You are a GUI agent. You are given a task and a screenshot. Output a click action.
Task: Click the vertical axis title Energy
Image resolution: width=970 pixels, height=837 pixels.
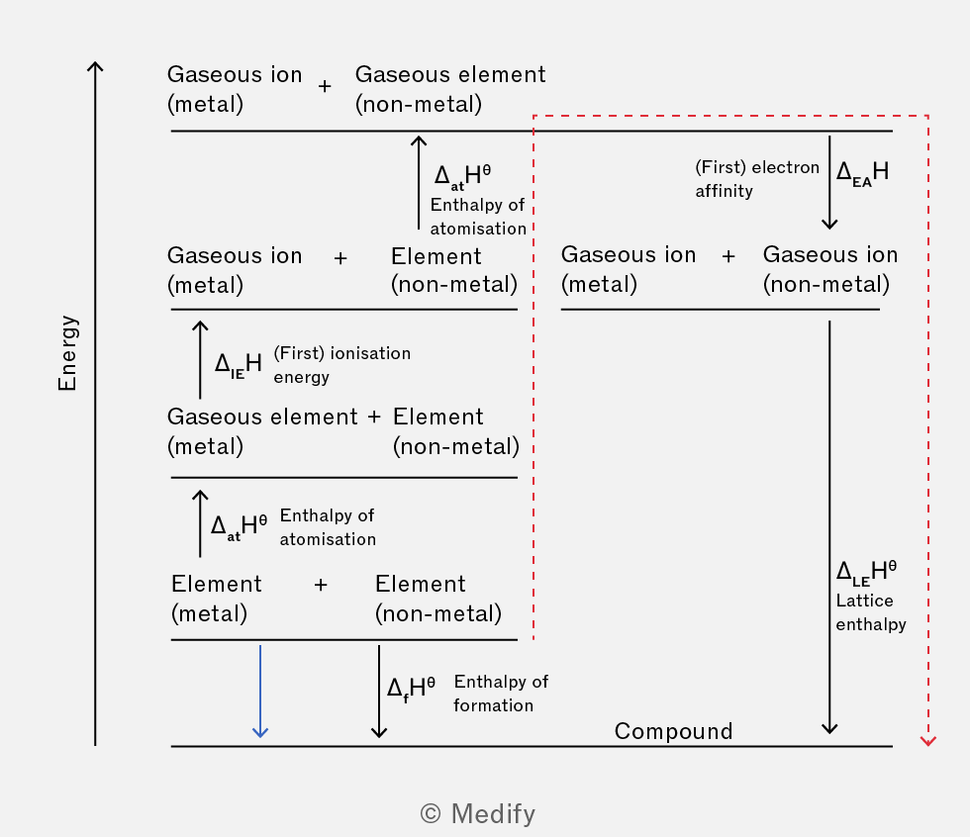pyautogui.click(x=67, y=353)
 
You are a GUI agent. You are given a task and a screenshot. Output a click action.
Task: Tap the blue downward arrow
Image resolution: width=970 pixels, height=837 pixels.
pyautogui.click(x=260, y=693)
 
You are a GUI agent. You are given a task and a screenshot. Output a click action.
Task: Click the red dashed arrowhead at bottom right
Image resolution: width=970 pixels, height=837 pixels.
pyautogui.click(x=927, y=740)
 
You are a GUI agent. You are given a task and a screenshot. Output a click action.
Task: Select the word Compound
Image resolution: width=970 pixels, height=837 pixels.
pyautogui.click(x=673, y=731)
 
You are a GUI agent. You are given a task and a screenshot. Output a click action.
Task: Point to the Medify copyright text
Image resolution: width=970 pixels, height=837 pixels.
pyautogui.click(x=478, y=813)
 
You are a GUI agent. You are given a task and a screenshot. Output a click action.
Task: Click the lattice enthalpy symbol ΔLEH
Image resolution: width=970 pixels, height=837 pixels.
pyautogui.click(x=867, y=572)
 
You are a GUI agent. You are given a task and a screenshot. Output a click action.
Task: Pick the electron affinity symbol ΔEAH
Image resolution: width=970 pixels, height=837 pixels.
pyautogui.click(x=862, y=171)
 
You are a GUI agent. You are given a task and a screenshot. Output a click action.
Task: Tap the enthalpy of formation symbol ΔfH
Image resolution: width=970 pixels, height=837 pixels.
pyautogui.click(x=412, y=688)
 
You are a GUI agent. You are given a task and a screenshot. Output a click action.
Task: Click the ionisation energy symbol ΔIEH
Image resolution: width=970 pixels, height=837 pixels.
pyautogui.click(x=239, y=363)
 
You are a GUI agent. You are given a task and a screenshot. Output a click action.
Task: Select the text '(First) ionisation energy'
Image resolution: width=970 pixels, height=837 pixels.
pyautogui.click(x=341, y=364)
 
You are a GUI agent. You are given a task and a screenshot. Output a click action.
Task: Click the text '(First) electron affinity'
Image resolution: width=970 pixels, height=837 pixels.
pyautogui.click(x=757, y=179)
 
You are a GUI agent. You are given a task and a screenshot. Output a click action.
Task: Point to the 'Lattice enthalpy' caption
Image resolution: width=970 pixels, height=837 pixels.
pyautogui.click(x=871, y=612)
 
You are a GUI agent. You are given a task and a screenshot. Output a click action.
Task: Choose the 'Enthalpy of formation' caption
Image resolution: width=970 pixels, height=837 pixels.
pyautogui.click(x=501, y=693)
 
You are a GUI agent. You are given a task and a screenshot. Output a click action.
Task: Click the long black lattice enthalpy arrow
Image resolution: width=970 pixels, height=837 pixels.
pyautogui.click(x=829, y=524)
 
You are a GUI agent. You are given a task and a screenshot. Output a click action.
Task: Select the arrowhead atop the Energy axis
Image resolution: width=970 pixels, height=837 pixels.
pyautogui.click(x=95, y=67)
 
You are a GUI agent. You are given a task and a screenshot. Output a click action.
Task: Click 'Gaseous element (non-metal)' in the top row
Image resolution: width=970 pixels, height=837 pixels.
pyautogui.click(x=449, y=89)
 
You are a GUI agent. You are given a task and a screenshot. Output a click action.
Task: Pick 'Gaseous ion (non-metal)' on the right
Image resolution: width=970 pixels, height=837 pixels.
pyautogui.click(x=829, y=269)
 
